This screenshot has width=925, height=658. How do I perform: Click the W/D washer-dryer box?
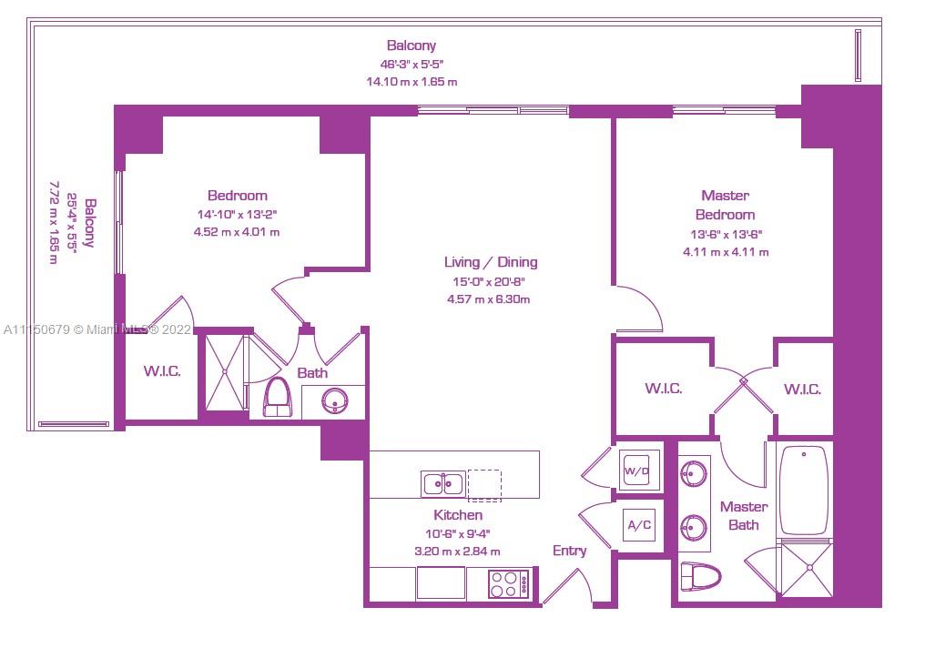(636, 470)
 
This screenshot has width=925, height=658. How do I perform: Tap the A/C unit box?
(639, 525)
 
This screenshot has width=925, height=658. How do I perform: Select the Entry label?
(569, 551)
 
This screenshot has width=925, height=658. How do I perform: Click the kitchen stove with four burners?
(510, 583)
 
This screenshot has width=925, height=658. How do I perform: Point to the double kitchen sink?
(443, 483)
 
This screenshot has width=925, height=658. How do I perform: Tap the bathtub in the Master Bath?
(804, 490)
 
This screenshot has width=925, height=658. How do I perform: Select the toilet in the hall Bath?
(278, 398)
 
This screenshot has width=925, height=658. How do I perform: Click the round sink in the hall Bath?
(336, 401)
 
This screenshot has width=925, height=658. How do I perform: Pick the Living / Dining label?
(491, 262)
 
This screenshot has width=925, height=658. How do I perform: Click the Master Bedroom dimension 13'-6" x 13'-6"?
(727, 234)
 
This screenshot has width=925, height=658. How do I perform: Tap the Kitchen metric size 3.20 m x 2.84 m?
(457, 552)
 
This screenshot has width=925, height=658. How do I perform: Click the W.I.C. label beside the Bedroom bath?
(162, 371)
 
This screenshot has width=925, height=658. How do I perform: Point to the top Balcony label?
(412, 46)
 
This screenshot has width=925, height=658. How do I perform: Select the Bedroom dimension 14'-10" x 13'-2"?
(237, 215)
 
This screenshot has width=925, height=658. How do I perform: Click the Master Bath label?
(744, 516)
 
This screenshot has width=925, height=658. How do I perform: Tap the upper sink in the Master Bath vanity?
(693, 473)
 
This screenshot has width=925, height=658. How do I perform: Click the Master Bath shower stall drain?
(810, 568)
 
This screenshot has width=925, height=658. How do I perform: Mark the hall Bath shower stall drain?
(224, 371)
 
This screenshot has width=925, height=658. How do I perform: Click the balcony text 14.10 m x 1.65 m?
(412, 82)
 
